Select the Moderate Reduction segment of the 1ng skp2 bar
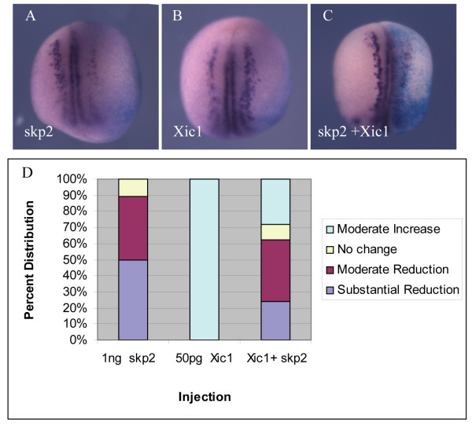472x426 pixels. click(133, 228)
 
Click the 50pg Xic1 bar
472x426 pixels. click(204, 259)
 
